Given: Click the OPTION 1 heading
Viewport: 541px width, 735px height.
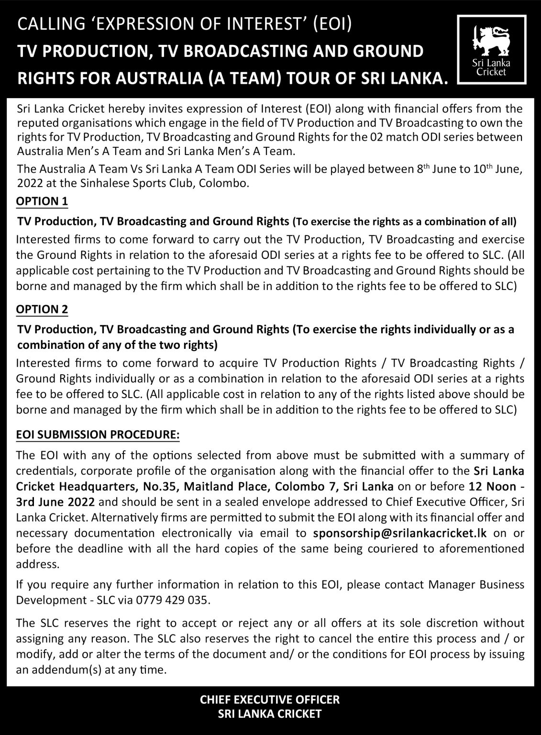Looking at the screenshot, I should click(42, 201).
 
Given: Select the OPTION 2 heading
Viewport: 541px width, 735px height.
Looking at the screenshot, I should click(42, 309).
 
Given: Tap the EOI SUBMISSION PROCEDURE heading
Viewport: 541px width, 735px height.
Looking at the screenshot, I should click(98, 434).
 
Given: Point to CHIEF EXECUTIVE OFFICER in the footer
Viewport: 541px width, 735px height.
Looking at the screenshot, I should click(270, 700).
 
